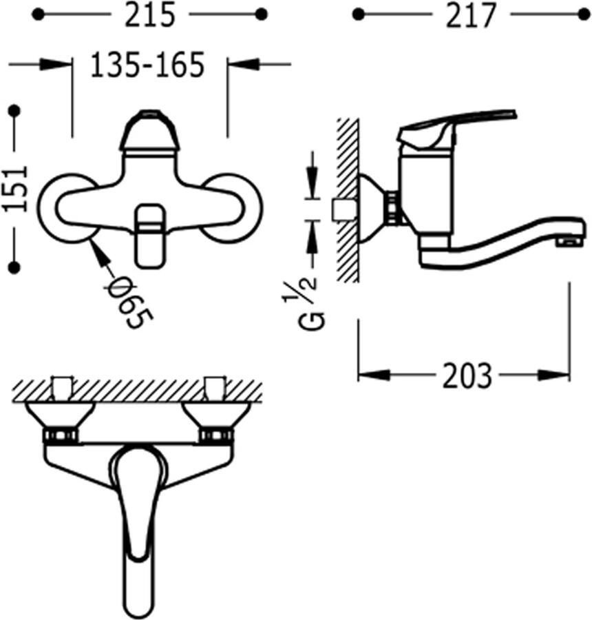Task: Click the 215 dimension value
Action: [x=149, y=15]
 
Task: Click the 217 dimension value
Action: [x=470, y=16]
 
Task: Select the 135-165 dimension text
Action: [x=147, y=65]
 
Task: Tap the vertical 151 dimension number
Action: [x=17, y=188]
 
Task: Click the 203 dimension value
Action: [x=467, y=375]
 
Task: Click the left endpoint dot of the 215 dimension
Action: [x=38, y=15]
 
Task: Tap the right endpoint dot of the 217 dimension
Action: [x=584, y=15]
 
